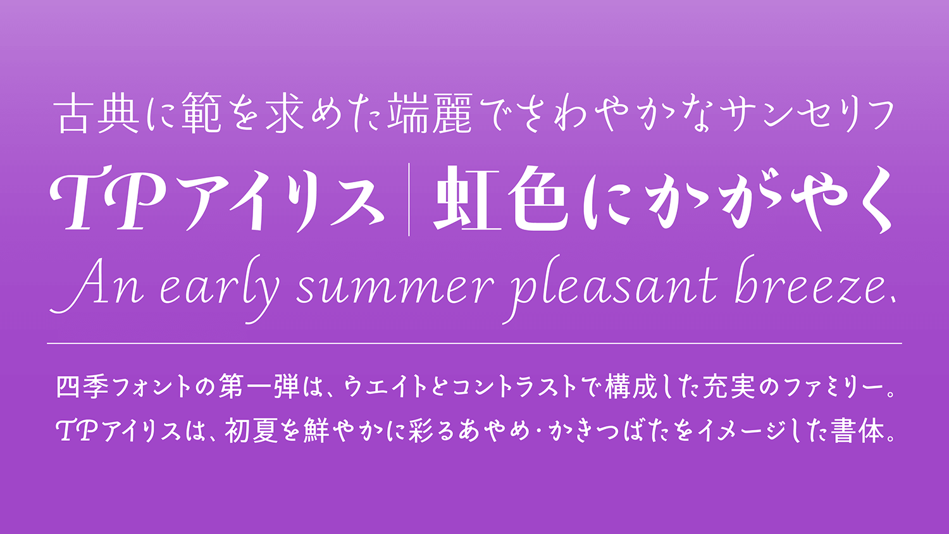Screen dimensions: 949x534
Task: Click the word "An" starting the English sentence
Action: coord(97,285)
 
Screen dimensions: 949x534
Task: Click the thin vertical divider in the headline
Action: coord(409,199)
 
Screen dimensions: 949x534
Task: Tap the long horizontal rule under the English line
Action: coord(475,344)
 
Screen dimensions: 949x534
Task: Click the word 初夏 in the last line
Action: coord(251,431)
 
